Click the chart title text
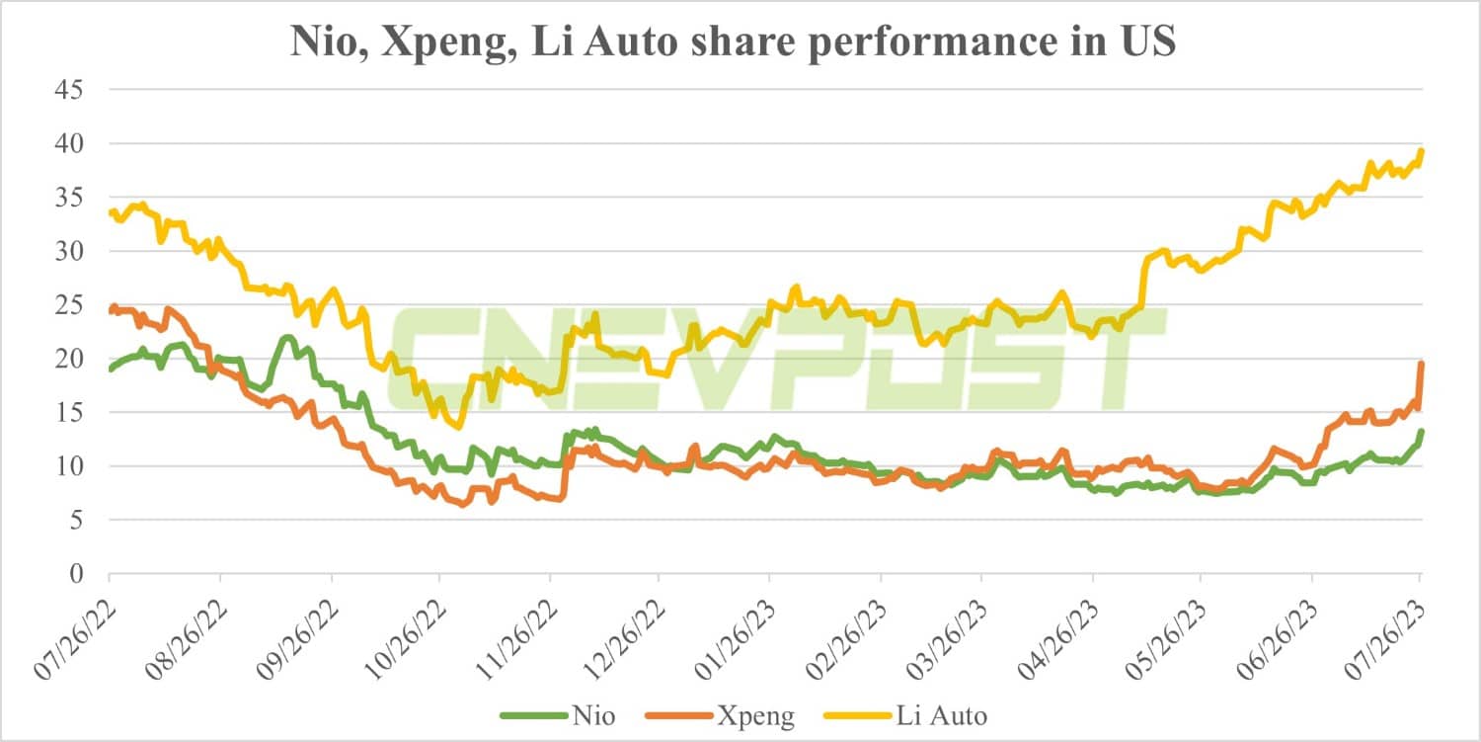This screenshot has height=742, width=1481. click(732, 42)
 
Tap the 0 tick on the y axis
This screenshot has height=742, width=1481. click(76, 573)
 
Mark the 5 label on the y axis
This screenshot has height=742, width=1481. click(76, 520)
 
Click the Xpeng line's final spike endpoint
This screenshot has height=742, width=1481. click(1420, 364)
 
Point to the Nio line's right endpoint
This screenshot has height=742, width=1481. click(1420, 432)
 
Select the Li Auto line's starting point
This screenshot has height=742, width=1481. click(110, 211)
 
